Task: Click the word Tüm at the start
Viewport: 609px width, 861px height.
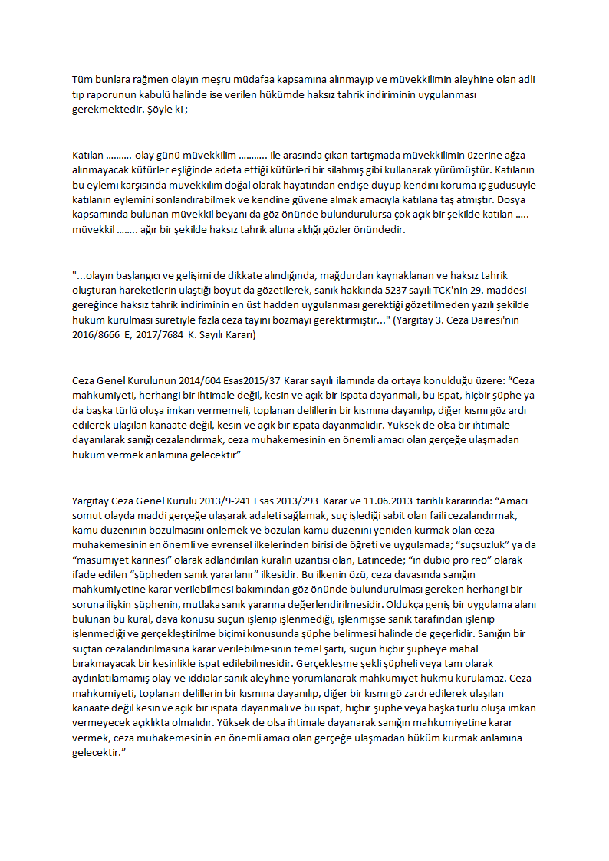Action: (x=81, y=79)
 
